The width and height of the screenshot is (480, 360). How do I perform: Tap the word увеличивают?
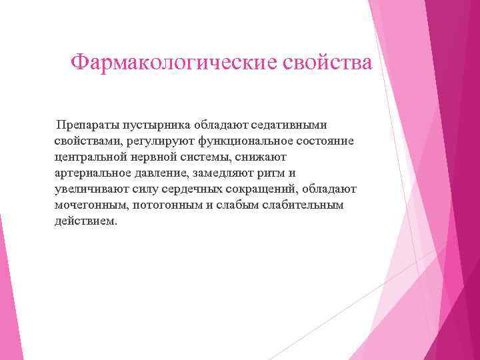pos(86,189)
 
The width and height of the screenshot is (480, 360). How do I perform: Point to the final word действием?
pos(85,221)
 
